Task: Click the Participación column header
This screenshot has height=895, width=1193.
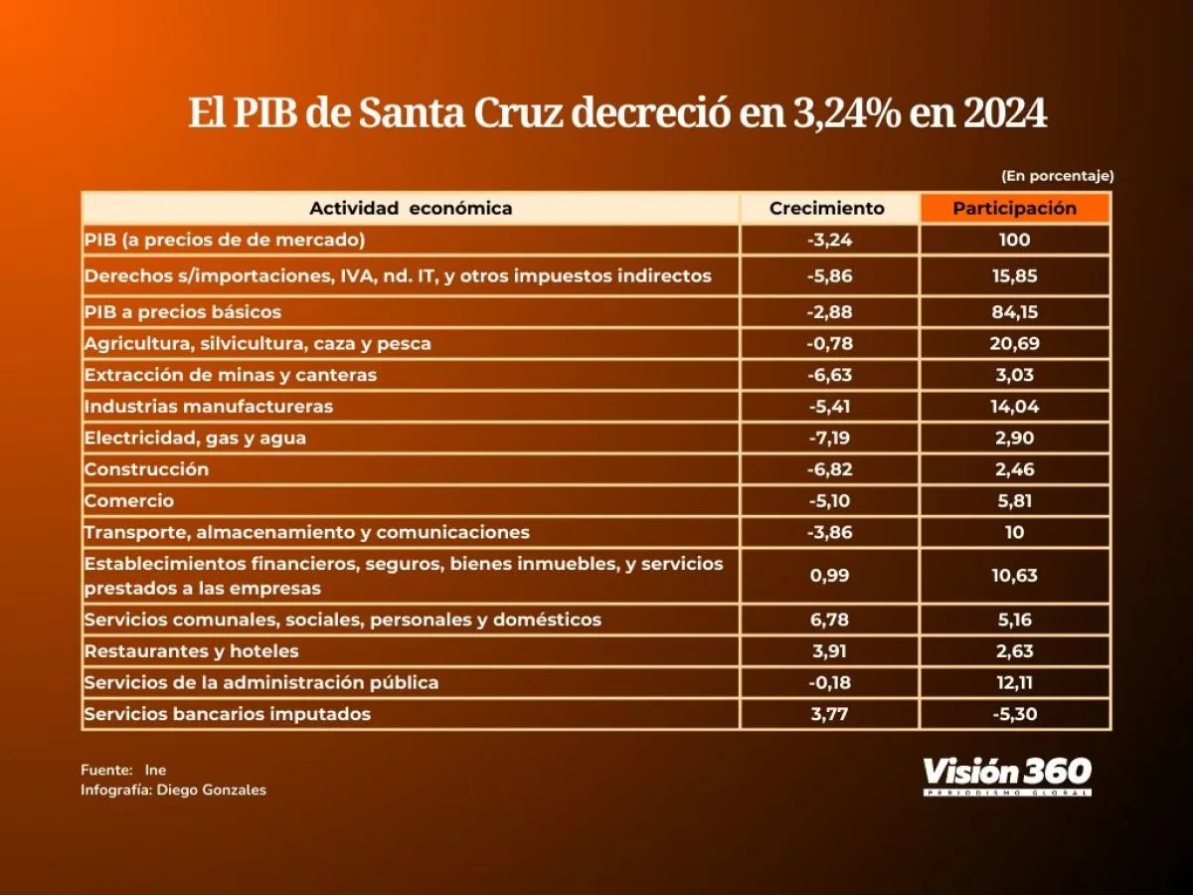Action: pos(1014,208)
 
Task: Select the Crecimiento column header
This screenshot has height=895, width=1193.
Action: pos(827,208)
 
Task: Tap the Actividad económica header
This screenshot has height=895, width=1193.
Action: pos(411,208)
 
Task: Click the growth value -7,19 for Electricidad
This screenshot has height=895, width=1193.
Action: pos(828,438)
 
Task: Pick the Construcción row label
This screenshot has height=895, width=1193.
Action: pos(147,469)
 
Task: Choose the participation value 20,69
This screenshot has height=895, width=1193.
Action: pos(1014,343)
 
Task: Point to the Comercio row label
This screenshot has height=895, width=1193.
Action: pos(129,501)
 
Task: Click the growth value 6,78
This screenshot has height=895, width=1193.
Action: pos(828,620)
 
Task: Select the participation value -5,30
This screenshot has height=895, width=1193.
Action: pos(1014,713)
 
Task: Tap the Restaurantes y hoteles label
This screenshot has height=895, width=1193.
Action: pos(192,651)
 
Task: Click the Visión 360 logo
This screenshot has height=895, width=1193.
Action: pos(1007,774)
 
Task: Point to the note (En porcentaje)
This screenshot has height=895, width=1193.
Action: pos(1058,176)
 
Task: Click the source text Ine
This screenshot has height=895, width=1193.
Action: pos(155,770)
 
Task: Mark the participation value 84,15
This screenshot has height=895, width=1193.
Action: pos(1014,311)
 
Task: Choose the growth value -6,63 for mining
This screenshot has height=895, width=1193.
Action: pos(828,375)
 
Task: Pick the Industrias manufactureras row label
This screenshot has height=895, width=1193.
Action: pos(209,406)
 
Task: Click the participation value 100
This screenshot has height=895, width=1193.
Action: pos(1014,240)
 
